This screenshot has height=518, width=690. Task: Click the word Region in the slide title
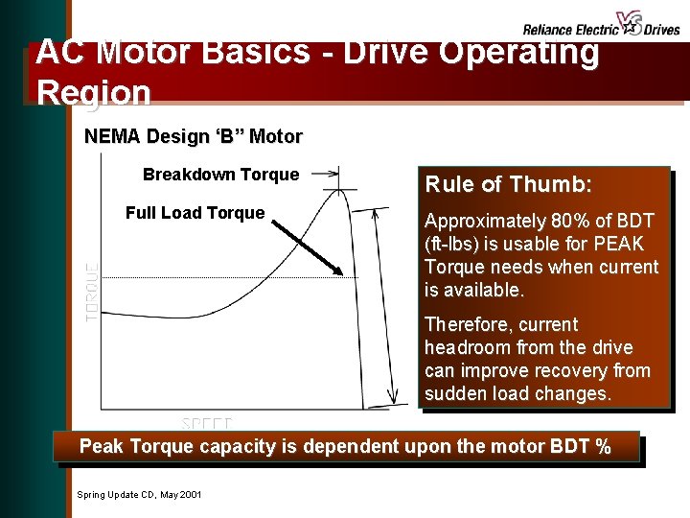[93, 92]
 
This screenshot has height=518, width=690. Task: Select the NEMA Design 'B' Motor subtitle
[193, 136]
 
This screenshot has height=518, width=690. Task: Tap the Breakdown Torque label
[220, 175]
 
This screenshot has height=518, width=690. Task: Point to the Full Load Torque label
[195, 213]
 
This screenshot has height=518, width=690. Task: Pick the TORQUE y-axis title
[92, 292]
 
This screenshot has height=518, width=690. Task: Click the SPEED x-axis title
[207, 423]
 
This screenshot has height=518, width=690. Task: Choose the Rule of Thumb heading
[508, 184]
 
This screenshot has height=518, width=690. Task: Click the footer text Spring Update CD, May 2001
[138, 494]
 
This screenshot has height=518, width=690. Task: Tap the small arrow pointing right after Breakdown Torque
[326, 174]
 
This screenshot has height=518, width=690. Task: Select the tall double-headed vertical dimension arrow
[393, 306]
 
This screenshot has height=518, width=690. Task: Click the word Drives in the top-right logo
[661, 30]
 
